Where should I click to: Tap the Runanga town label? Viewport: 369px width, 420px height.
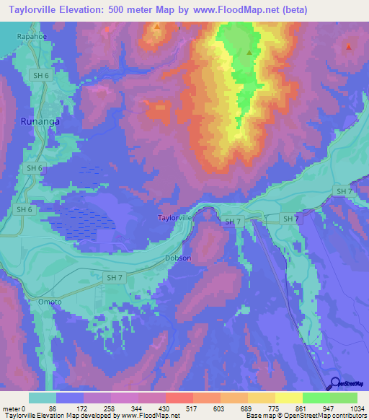[x=39, y=122]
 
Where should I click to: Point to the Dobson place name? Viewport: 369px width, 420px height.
[x=177, y=258]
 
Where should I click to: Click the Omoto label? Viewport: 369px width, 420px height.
[x=50, y=302]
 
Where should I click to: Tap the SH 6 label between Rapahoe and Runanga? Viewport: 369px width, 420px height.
[x=40, y=74]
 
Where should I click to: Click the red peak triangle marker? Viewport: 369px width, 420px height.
[x=348, y=48]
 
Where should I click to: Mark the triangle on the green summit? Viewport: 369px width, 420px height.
[x=249, y=52]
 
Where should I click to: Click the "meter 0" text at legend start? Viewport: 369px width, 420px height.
[x=13, y=408]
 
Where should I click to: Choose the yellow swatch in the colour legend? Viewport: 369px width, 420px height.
[x=289, y=398]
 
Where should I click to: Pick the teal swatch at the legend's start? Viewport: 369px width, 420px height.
[x=42, y=398]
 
